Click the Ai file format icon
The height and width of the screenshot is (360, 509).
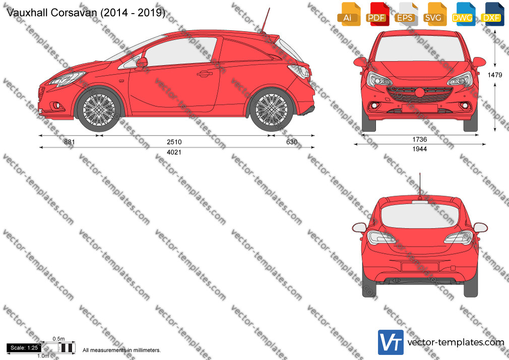(x=349, y=14)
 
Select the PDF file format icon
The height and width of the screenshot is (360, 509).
(x=378, y=14)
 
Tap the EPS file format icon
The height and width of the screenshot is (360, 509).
(x=406, y=14)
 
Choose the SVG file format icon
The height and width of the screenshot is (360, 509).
(x=435, y=14)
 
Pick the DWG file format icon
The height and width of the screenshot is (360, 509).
(x=464, y=14)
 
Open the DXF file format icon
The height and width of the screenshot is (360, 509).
(x=492, y=14)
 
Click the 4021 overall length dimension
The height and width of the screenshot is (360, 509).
(x=174, y=152)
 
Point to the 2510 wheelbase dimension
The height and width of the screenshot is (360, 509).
(x=174, y=142)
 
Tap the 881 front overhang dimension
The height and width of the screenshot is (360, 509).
(x=69, y=142)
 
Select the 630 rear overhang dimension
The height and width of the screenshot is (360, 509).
(x=292, y=142)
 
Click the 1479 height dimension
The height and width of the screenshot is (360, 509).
(x=495, y=75)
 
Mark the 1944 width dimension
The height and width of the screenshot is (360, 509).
(x=419, y=149)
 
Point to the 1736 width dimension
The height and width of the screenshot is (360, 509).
(x=419, y=139)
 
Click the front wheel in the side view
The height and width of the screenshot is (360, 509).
(x=99, y=110)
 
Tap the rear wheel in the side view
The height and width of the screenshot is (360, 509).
(x=271, y=110)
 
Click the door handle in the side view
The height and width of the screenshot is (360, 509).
(x=204, y=74)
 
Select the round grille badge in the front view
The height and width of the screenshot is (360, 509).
(x=419, y=92)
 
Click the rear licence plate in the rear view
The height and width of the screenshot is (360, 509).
(x=420, y=267)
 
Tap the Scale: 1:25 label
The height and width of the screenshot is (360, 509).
(x=24, y=348)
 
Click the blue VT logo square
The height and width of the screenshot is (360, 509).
(x=391, y=342)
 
